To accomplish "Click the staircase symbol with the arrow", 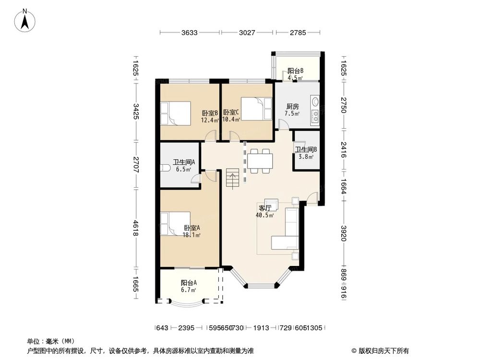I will [232, 179].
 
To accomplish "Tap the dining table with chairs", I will [260, 160].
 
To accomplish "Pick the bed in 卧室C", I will [255, 108].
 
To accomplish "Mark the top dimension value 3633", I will [190, 33].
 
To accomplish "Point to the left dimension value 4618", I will [136, 228].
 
